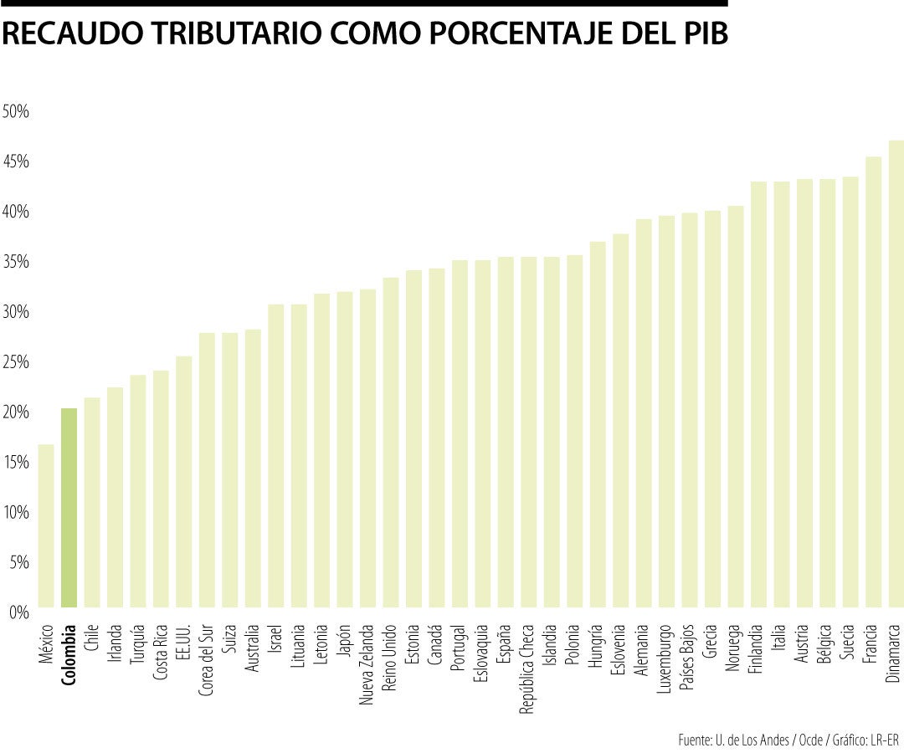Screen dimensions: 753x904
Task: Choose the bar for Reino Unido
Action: tap(391, 443)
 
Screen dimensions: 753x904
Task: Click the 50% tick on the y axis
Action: tap(16, 111)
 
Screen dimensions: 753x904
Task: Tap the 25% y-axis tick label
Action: tap(16, 362)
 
